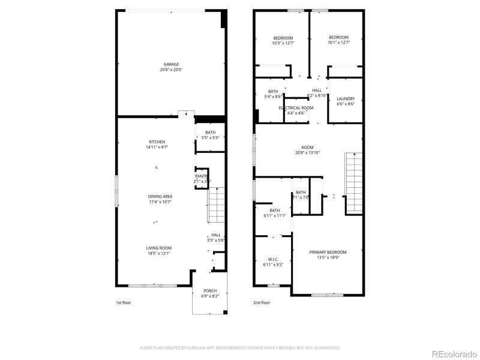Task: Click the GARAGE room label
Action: (172, 64)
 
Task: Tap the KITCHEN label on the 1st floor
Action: (157, 142)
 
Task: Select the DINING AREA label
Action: (160, 196)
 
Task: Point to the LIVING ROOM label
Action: (159, 248)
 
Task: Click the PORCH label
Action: (210, 290)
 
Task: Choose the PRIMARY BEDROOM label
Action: (328, 252)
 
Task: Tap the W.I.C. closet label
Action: (273, 259)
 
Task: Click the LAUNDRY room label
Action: (346, 98)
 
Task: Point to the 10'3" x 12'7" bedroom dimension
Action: (283, 43)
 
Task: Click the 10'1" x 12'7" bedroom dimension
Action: (338, 43)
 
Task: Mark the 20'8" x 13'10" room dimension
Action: (308, 152)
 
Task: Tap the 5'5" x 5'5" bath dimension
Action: (211, 137)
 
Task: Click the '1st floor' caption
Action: (124, 303)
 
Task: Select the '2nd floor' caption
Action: (262, 303)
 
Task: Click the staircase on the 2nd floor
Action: (354, 183)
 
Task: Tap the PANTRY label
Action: (202, 176)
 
